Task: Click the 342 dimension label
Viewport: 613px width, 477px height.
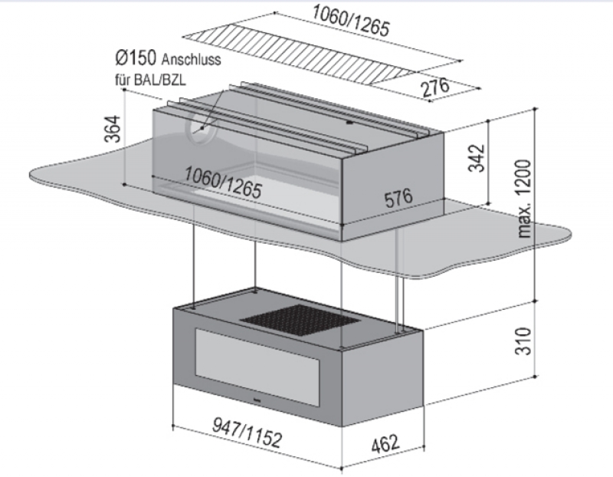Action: (x=477, y=157)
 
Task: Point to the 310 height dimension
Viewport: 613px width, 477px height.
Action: (x=521, y=341)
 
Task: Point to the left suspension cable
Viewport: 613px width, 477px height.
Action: (x=193, y=265)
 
